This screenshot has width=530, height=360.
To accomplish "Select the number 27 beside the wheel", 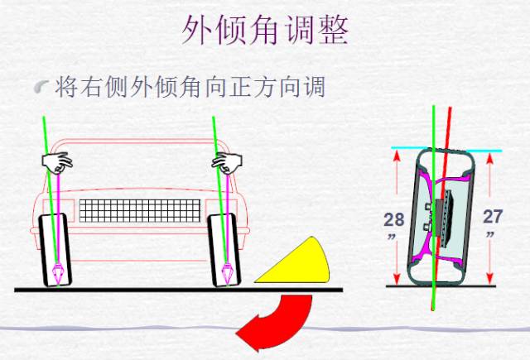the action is [492, 217].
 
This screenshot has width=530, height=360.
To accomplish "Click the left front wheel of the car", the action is [57, 248].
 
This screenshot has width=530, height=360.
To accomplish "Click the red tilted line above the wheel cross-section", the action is [448, 124].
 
